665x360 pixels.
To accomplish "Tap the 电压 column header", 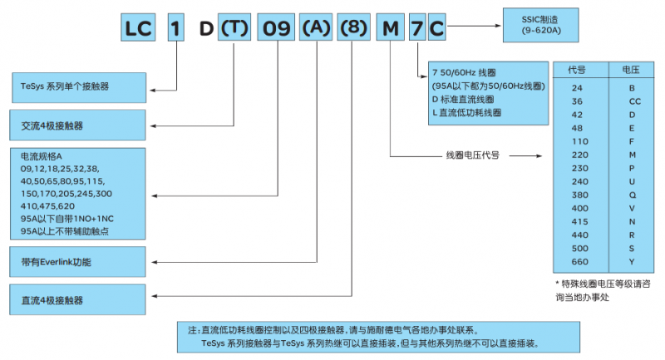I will pos(631,69).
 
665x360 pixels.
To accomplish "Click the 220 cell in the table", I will pos(579,155).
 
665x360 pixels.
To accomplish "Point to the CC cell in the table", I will pos(631,101).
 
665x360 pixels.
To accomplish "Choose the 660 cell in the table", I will pos(579,262).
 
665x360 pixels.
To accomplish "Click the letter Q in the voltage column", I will pos(631,195).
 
